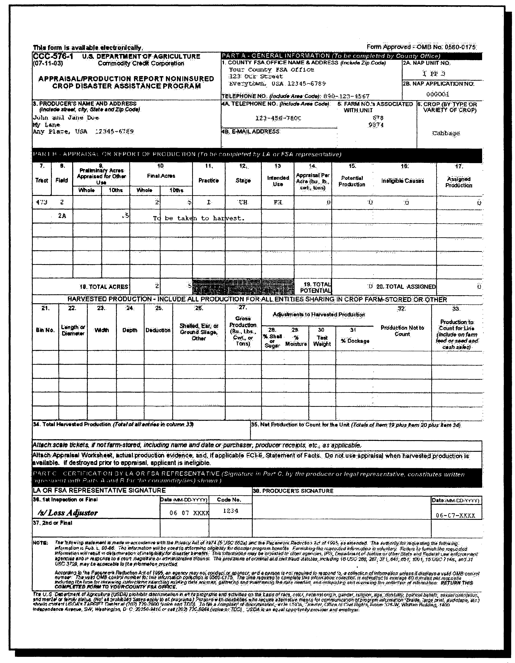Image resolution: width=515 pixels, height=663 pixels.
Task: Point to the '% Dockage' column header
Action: pyautogui.click(x=355, y=341)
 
